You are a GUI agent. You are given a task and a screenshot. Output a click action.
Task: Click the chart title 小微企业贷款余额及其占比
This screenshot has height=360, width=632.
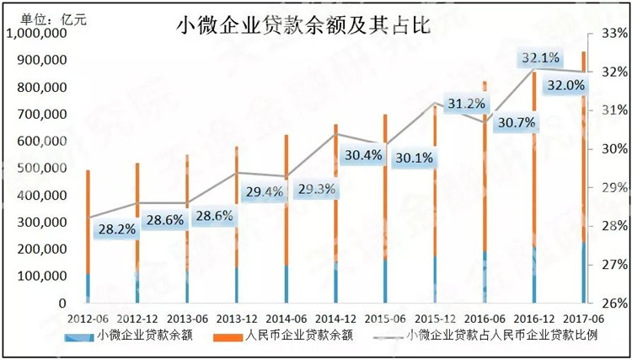[x=303, y=26]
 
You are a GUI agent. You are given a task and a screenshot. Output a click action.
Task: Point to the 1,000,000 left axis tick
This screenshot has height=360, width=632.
[x=36, y=34]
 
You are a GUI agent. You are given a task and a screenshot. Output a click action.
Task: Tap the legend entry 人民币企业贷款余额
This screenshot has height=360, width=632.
[x=298, y=336]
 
